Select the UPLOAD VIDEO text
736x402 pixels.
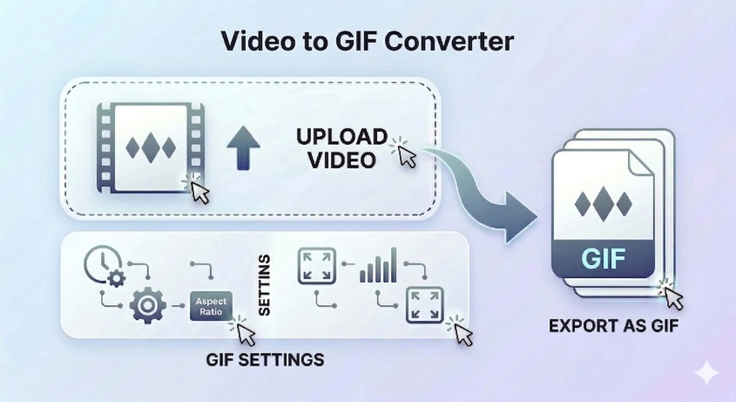point(341,148)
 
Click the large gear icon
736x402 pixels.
point(147,306)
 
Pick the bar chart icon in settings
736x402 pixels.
point(377,265)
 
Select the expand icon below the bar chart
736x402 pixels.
point(425,304)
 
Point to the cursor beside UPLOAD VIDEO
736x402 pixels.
point(405,154)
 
